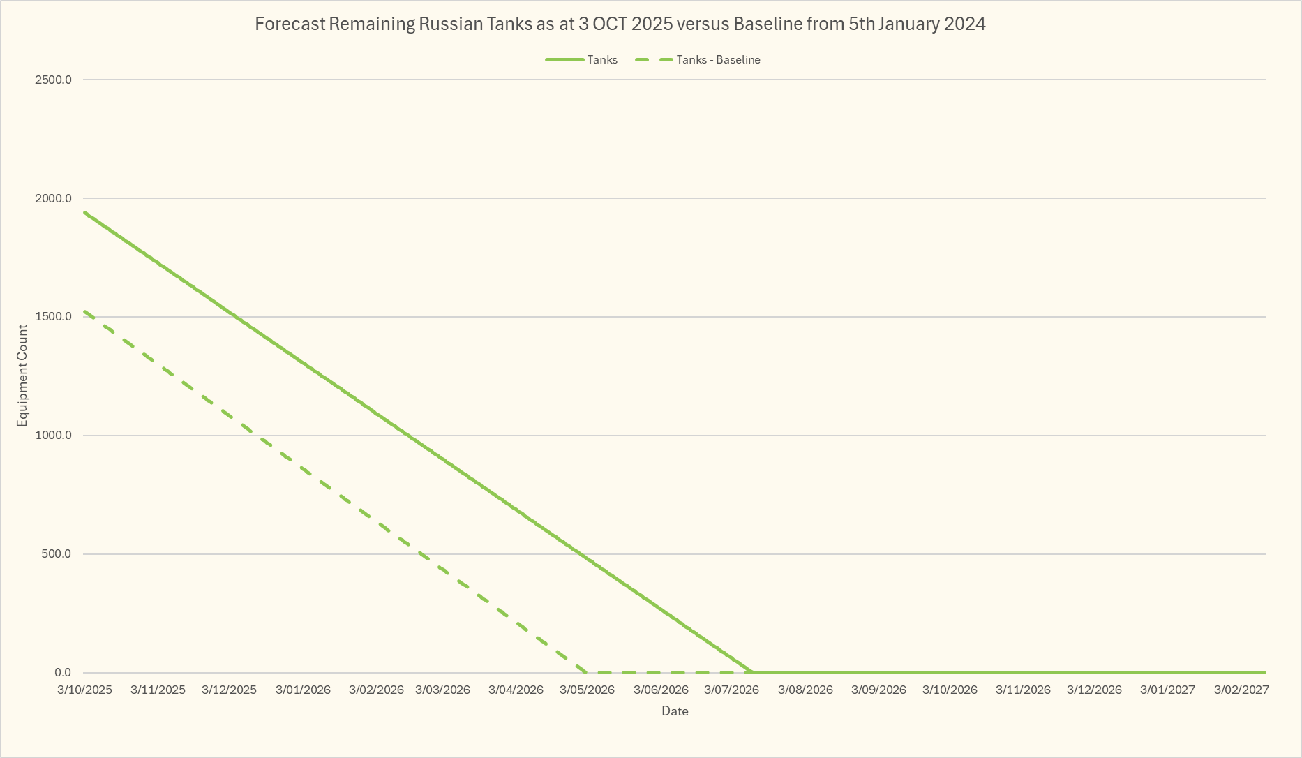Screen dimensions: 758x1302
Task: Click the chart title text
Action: tap(620, 24)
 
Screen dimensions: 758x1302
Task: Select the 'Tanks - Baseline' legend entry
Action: tap(718, 60)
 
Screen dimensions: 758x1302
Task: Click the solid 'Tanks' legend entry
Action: tap(601, 60)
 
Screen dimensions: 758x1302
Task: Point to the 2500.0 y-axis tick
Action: tap(53, 80)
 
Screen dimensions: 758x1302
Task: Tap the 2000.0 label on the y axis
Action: tap(53, 198)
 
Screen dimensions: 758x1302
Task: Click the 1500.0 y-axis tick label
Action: tap(53, 317)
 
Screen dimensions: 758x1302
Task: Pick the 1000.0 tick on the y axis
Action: tap(53, 436)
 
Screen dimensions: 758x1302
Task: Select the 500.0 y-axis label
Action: tap(56, 554)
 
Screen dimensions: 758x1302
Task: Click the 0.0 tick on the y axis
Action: tap(63, 673)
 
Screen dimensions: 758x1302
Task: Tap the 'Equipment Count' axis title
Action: tap(23, 376)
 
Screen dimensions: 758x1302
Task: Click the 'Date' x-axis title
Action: tap(675, 711)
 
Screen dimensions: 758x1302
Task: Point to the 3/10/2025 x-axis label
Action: tap(84, 690)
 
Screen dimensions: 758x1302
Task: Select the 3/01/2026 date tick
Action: tap(303, 690)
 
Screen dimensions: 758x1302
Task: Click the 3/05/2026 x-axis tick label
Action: tap(587, 690)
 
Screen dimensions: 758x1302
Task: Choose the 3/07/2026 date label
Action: tap(731, 690)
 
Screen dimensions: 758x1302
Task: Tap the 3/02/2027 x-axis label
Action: tap(1241, 690)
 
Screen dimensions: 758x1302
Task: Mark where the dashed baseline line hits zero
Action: tap(587, 672)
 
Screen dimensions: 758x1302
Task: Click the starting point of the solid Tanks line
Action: tap(84, 212)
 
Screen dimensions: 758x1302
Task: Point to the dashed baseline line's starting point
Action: tap(84, 311)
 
